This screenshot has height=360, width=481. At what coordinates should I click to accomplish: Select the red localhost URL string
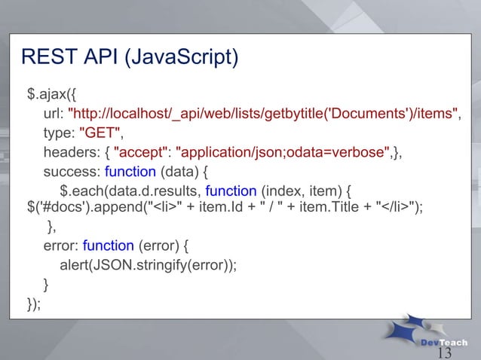264,114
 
